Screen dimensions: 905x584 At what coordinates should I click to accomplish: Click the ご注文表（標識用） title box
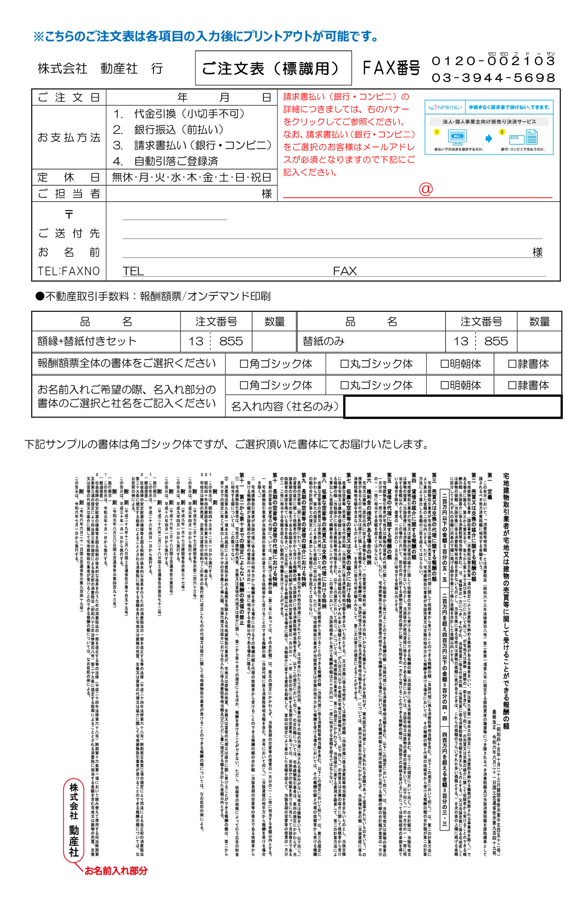[x=273, y=68]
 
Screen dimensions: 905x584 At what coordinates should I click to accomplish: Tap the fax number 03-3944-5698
[x=493, y=78]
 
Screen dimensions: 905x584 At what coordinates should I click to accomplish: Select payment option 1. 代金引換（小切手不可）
[x=178, y=114]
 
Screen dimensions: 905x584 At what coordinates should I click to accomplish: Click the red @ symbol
[x=425, y=189]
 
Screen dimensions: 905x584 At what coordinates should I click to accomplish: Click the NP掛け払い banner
[x=489, y=127]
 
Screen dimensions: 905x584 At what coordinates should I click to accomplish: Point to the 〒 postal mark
[x=68, y=215]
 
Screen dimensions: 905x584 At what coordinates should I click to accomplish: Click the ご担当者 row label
[x=68, y=194]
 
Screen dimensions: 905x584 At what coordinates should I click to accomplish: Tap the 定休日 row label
[x=68, y=177]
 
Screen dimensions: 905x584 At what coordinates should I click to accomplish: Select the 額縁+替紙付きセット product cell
[x=87, y=341]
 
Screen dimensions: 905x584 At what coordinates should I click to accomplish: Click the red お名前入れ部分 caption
[x=116, y=870]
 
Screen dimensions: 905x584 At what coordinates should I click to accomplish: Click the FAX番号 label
[x=391, y=68]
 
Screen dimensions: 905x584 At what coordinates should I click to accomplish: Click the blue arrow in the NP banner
[x=488, y=138]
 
